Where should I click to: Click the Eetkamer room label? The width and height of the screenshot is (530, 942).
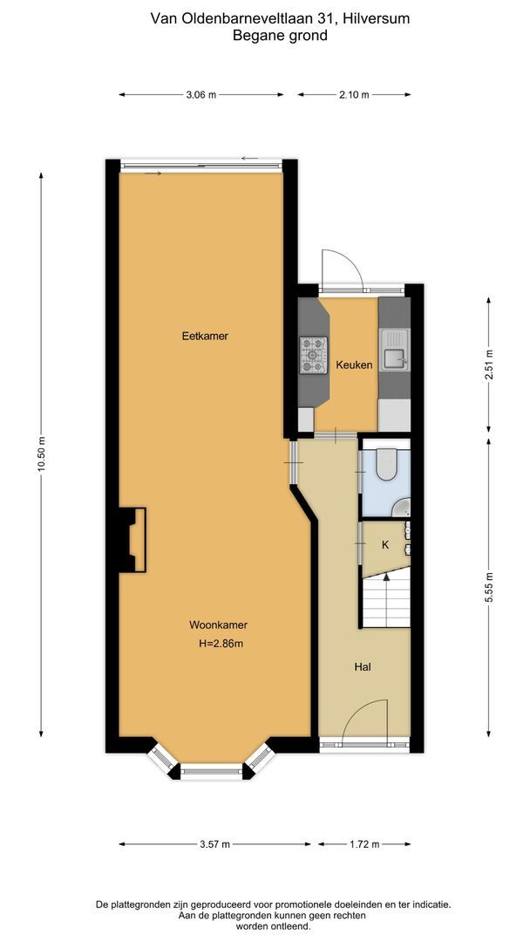pos(205,336)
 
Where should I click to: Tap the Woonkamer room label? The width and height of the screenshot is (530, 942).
pos(218,625)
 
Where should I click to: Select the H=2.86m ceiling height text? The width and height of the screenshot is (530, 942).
pos(221,645)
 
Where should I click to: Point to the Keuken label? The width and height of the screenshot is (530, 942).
pos(354,365)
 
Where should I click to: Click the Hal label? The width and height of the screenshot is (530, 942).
pos(364,667)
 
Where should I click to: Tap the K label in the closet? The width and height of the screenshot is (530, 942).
pos(384,545)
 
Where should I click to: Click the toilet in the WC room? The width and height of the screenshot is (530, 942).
pos(386,466)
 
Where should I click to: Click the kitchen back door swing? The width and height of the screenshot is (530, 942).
pos(341,268)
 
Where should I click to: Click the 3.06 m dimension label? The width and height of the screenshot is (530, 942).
pos(201,95)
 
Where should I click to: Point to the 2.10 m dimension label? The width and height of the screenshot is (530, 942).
pos(354,95)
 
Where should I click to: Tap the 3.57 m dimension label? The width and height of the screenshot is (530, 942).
pos(214,844)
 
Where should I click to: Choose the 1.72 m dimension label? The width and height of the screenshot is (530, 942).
pos(364,844)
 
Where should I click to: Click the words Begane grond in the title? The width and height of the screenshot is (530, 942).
pos(279,36)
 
